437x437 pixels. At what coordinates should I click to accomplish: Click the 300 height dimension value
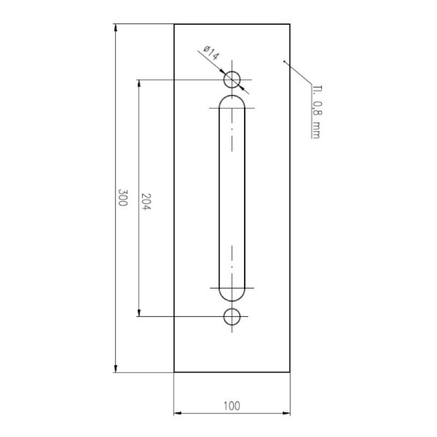click(122, 198)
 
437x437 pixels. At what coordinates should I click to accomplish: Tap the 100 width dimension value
click(232, 405)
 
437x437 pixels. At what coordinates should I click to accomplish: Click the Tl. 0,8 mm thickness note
click(316, 112)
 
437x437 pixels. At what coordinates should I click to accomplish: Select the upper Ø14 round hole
click(232, 80)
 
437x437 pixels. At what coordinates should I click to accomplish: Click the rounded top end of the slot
click(232, 102)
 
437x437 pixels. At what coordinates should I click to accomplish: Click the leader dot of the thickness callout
click(285, 62)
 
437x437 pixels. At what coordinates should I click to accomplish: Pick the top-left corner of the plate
click(174, 24)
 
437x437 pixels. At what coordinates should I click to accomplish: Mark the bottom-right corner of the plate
click(290, 372)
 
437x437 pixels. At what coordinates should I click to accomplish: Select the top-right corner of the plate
click(290, 24)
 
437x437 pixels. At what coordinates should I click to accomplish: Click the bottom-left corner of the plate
click(174, 372)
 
